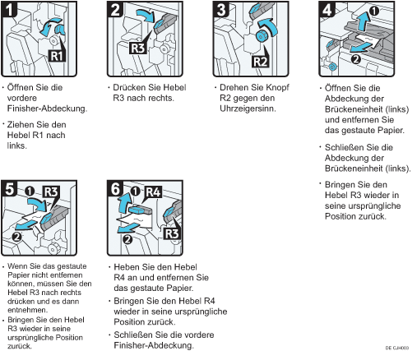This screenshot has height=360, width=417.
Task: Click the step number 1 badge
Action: coord(9,9)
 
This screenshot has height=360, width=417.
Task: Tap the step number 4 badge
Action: coord(327,9)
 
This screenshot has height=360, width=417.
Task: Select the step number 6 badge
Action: coord(115,189)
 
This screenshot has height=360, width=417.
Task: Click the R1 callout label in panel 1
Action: coord(57,56)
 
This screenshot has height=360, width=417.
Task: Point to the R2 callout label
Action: coord(260,62)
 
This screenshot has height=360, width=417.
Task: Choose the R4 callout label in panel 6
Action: coord(153,192)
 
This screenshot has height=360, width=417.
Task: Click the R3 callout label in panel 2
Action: coord(138,48)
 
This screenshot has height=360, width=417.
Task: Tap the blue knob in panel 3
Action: coord(261,36)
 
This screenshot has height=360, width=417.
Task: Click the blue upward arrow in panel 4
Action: coord(364,21)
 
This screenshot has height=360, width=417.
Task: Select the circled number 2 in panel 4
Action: coord(356,58)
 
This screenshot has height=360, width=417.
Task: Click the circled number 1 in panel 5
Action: coord(30,191)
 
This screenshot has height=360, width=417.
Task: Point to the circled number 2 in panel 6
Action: coord(127,240)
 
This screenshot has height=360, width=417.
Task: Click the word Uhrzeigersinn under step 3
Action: coord(248,108)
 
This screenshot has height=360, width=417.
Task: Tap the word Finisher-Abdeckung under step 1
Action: coord(47,108)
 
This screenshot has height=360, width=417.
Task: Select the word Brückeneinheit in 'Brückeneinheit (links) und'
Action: coord(354,109)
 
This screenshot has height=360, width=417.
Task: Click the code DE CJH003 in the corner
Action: coord(396,348)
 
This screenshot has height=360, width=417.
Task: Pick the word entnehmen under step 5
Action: coord(27,310)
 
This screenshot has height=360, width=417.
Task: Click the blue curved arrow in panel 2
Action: coord(146,16)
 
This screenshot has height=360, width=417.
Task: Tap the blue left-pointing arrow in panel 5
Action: coord(25,225)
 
